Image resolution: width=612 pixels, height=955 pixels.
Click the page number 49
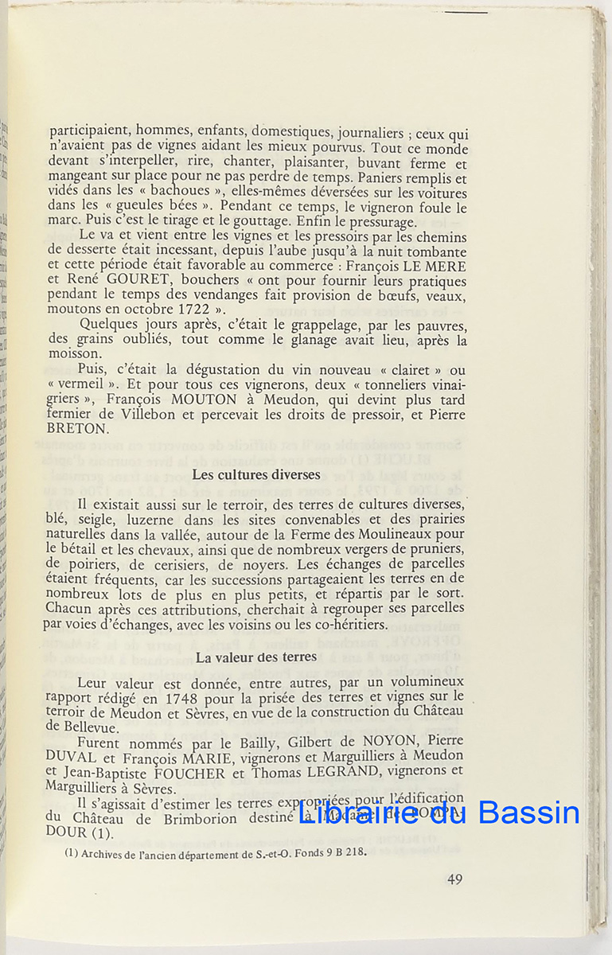(454, 879)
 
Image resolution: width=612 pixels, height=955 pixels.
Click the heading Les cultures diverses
(256, 475)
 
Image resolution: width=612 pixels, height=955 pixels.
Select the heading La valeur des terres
(256, 657)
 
